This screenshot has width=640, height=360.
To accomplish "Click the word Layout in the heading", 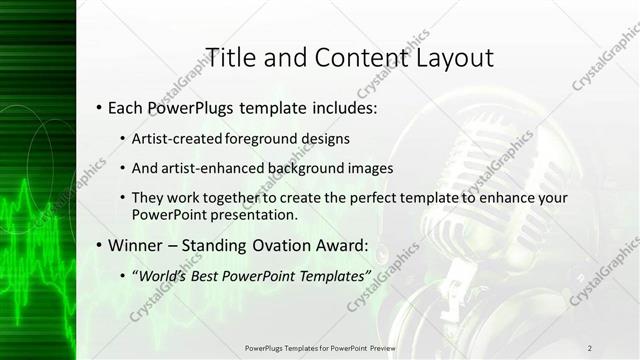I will pyautogui.click(x=454, y=57).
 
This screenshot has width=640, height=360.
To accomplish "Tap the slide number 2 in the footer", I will pyautogui.click(x=589, y=347).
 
